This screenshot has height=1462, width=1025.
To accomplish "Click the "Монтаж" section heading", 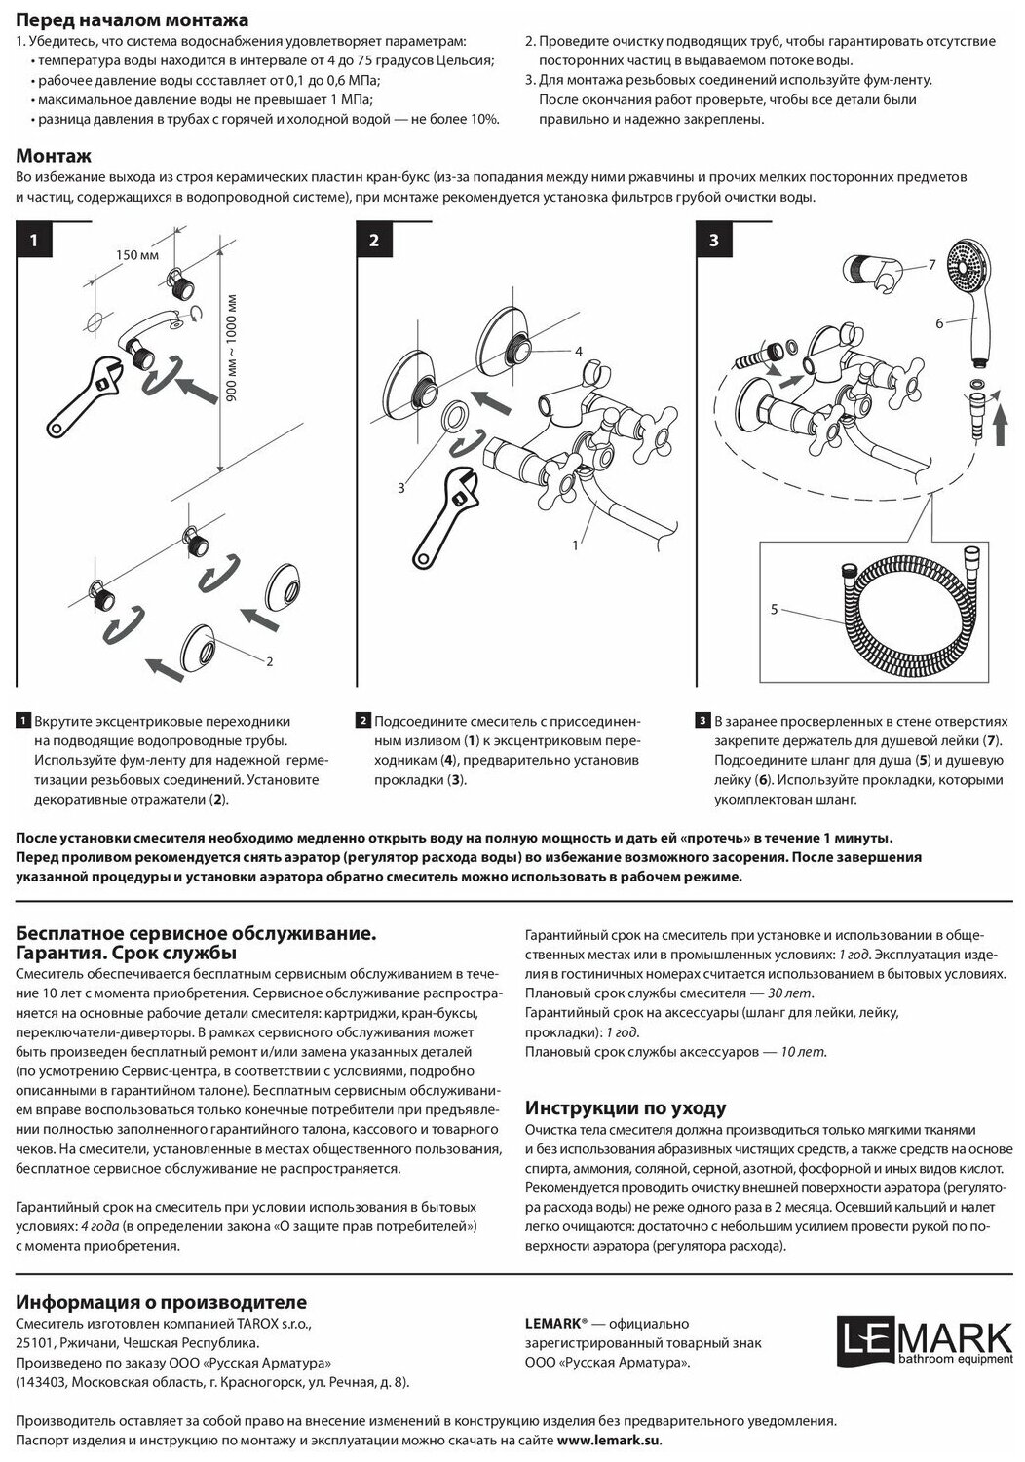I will (x=55, y=156).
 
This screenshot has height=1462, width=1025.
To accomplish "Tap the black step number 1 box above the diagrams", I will (x=34, y=241).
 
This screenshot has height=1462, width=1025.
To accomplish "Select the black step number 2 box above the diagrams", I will (x=374, y=241).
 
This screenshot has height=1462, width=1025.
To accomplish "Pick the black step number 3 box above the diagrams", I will (x=714, y=241).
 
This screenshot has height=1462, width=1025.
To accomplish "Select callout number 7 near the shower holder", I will (x=931, y=265).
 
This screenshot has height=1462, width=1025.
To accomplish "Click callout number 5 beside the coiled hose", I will (x=774, y=609).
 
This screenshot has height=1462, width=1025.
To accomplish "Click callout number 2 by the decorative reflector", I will (x=268, y=661).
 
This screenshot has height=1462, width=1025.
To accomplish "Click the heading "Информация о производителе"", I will (x=162, y=1302).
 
